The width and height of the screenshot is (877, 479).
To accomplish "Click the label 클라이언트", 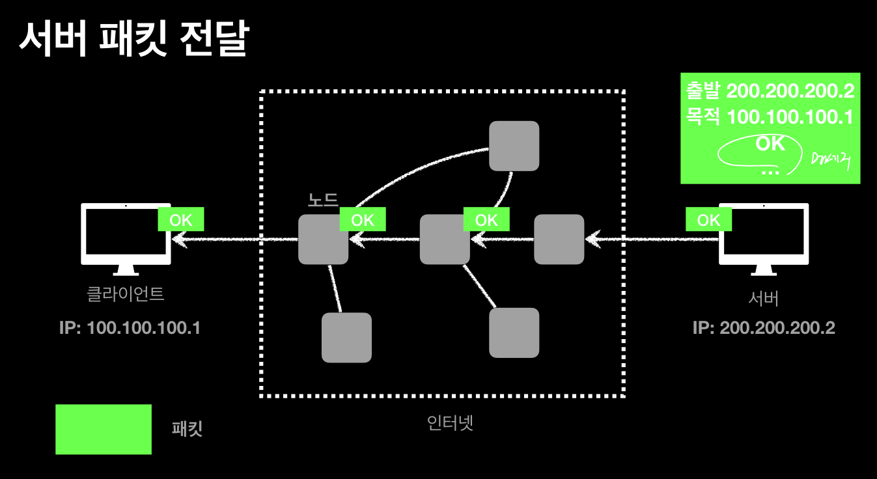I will [126, 294].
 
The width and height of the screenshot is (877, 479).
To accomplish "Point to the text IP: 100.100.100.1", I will [130, 327].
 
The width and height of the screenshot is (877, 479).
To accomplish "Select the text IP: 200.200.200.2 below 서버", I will [763, 327].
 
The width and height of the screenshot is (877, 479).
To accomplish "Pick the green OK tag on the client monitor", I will [181, 220].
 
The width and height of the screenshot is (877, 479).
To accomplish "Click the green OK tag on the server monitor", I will [708, 220].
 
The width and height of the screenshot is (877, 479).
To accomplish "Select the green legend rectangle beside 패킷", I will [104, 429].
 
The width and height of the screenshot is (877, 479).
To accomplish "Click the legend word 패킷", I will [188, 429].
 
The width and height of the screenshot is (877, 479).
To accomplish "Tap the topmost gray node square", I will [514, 146].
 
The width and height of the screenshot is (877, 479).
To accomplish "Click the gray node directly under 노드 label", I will [323, 239].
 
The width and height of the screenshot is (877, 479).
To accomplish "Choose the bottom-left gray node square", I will [346, 337].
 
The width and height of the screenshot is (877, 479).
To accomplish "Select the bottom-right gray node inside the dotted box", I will [514, 333].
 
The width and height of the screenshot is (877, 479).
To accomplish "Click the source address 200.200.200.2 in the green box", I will [790, 91].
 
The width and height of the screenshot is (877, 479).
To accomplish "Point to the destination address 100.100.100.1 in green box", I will [790, 117].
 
